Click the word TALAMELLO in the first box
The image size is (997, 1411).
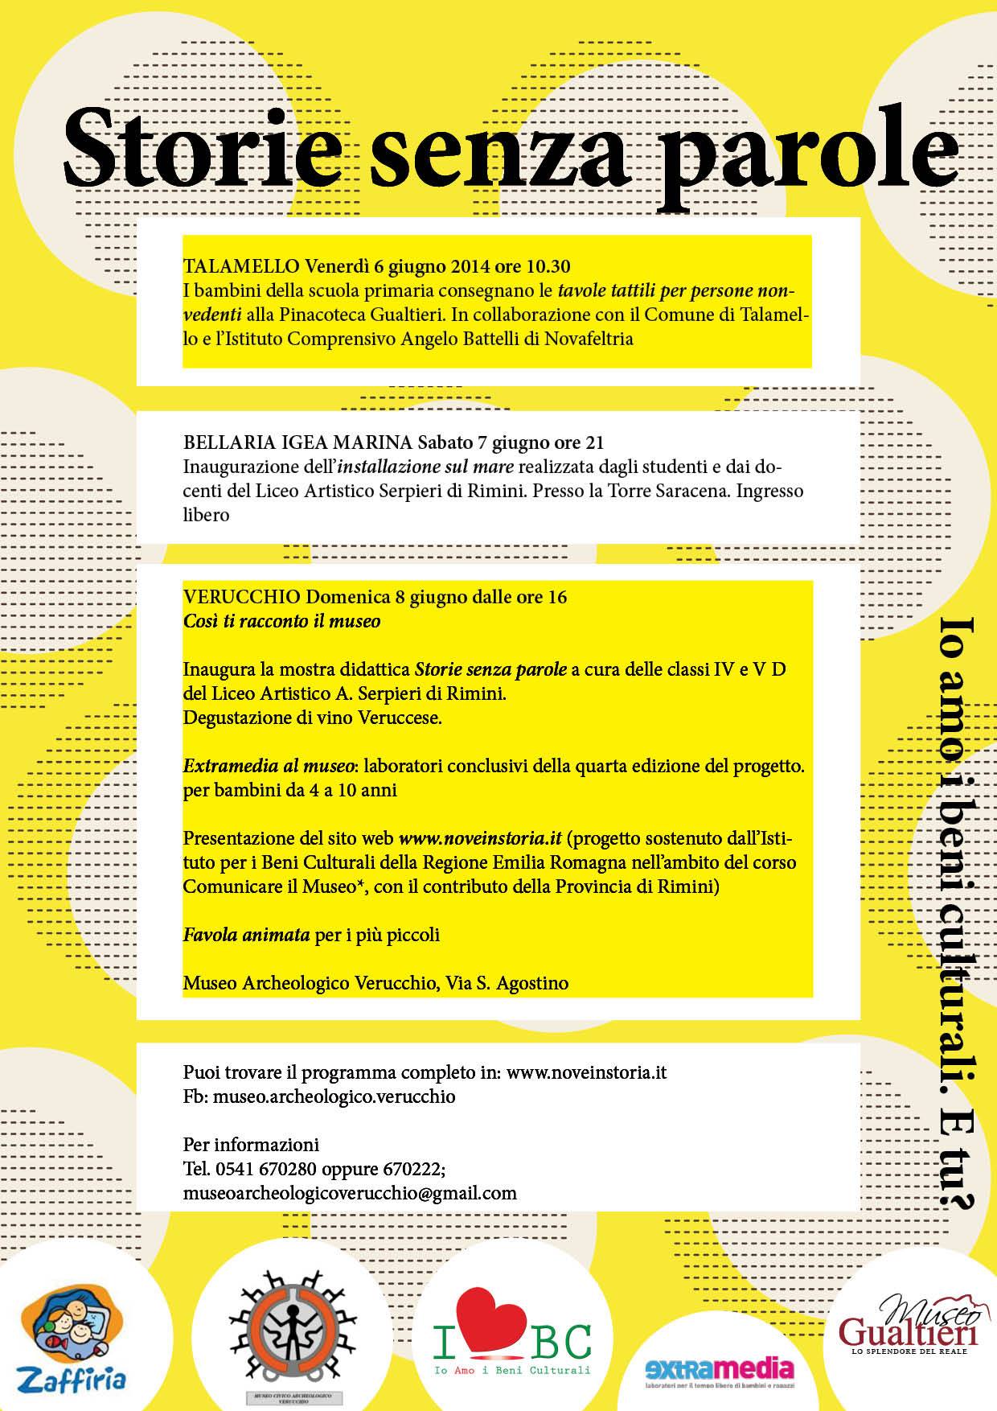pyautogui.click(x=241, y=266)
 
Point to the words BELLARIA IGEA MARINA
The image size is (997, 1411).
pyautogui.click(x=297, y=442)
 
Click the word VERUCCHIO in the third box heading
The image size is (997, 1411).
pyautogui.click(x=242, y=597)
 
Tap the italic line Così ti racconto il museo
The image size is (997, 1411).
pyautogui.click(x=281, y=621)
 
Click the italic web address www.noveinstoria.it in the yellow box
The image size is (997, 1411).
pyautogui.click(x=479, y=838)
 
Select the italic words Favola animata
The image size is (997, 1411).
pyautogui.click(x=246, y=935)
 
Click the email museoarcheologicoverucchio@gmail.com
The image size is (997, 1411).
pyautogui.click(x=350, y=1192)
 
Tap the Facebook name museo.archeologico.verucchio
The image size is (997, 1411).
pyautogui.click(x=334, y=1096)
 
